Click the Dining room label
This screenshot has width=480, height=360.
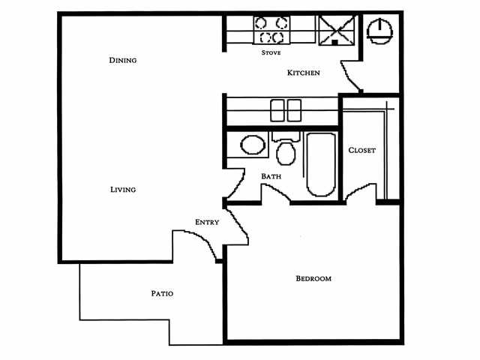point(122,60)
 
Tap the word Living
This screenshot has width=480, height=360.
point(122,190)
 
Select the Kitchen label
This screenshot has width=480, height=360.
point(304,73)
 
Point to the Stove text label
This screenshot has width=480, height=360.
point(271,52)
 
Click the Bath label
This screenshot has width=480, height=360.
point(271,176)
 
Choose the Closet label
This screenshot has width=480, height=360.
point(361,150)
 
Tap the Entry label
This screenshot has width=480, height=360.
point(207,222)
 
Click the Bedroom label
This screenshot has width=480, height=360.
point(313,278)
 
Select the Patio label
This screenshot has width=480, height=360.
point(162,293)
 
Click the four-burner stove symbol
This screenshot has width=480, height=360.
point(271,30)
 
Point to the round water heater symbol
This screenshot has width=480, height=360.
point(379,29)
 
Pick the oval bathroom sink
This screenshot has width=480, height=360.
point(253,144)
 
